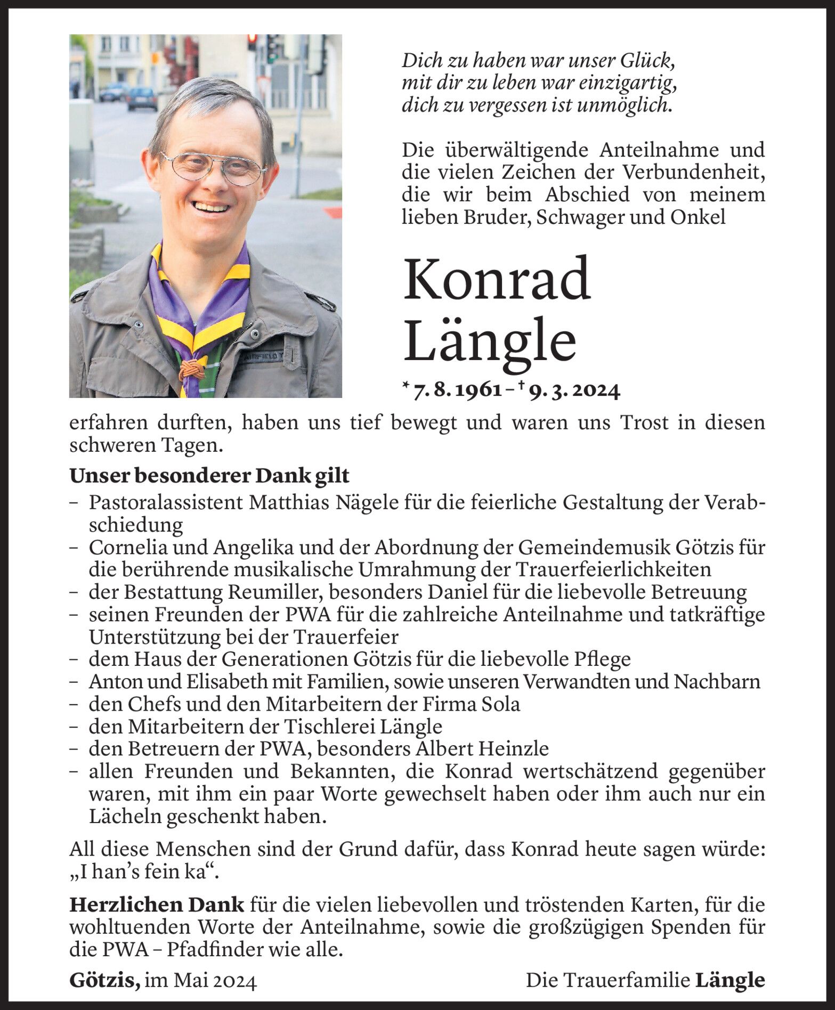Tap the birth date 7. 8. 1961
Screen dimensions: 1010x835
coord(458,392)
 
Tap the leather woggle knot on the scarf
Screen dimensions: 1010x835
coord(190,368)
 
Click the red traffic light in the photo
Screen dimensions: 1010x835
coord(252,41)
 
